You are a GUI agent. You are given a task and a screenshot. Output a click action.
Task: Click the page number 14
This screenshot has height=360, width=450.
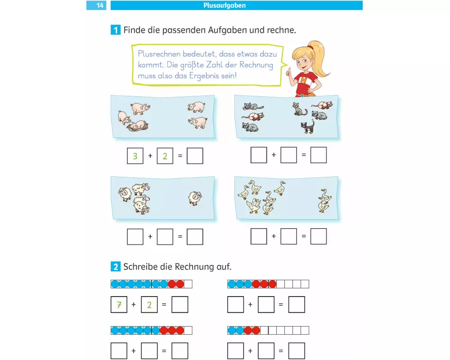click(100, 5)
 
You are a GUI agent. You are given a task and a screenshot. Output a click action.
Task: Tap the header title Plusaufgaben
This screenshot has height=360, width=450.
click(225, 5)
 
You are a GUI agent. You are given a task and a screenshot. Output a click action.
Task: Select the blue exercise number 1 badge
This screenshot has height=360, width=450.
click(115, 30)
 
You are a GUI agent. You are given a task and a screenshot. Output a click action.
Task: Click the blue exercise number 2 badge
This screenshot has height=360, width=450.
click(115, 267)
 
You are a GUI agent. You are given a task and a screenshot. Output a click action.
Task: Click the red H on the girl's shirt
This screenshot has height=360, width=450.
click(304, 81)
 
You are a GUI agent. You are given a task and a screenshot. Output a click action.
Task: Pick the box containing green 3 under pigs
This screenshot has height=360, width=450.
click(135, 156)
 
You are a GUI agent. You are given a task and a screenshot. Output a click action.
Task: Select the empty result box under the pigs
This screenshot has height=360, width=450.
click(195, 156)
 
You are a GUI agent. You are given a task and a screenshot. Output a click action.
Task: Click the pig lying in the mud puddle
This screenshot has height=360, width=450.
click(138, 126)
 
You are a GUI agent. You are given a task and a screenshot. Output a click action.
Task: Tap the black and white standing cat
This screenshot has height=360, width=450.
click(308, 126)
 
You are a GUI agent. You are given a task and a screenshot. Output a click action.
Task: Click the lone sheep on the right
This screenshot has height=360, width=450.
click(195, 198)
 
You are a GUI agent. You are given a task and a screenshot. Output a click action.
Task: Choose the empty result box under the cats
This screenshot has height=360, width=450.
click(319, 155)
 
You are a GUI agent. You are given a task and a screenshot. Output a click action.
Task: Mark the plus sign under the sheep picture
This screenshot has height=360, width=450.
click(150, 237)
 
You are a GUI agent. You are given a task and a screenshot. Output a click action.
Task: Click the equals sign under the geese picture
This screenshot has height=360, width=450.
click(304, 236)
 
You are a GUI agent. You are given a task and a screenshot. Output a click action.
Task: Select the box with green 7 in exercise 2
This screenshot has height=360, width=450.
click(119, 305)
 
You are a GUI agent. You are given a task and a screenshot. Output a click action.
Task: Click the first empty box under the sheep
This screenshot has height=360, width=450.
click(135, 237)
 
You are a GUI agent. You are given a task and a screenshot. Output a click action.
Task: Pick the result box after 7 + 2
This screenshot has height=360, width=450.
click(180, 305)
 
